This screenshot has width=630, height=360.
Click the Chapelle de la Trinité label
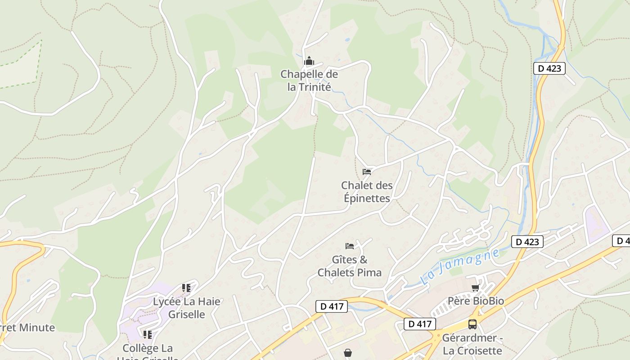pyautogui.click(x=309, y=81)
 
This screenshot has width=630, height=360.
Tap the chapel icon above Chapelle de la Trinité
pyautogui.click(x=309, y=61)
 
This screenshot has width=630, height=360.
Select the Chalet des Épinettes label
pyautogui.click(x=367, y=192)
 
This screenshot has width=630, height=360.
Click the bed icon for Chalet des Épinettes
pyautogui.click(x=367, y=171)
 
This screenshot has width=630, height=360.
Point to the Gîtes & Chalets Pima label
pyautogui.click(x=350, y=266)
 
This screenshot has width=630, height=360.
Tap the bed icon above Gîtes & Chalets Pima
pyautogui.click(x=350, y=246)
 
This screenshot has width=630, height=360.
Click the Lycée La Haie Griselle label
pyautogui.click(x=187, y=308)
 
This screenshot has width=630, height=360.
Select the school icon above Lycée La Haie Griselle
pyautogui.click(x=186, y=288)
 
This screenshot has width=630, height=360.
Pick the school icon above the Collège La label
pyautogui.click(x=148, y=334)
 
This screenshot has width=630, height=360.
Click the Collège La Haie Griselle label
pyautogui.click(x=148, y=351)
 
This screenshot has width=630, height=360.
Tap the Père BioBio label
pyautogui.click(x=476, y=301)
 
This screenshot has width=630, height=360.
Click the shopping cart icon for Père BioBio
pyautogui.click(x=476, y=288)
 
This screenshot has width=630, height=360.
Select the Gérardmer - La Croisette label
pyautogui.click(x=472, y=344)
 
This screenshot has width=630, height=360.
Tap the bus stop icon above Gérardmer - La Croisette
pyautogui.click(x=472, y=324)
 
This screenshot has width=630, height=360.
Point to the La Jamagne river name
pyautogui.click(x=460, y=266)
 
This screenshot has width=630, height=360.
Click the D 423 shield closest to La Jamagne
pyautogui.click(x=527, y=242)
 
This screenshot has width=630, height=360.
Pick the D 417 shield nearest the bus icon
pyautogui.click(x=420, y=324)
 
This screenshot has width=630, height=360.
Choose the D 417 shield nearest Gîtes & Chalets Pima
pyautogui.click(x=332, y=306)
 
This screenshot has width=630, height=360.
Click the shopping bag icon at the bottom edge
pyautogui.click(x=348, y=353)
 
